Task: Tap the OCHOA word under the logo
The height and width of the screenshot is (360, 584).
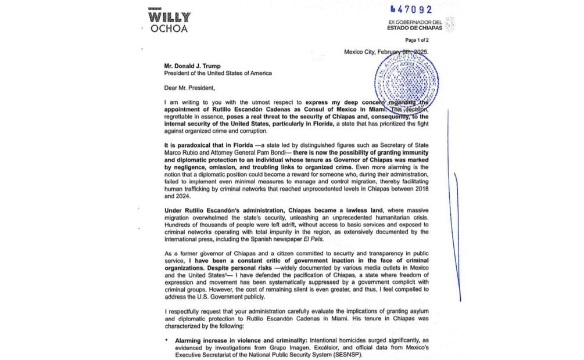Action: (169, 28)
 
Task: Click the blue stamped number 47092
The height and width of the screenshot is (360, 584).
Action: (414, 9)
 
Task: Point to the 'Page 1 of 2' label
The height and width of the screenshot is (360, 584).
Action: (417, 40)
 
